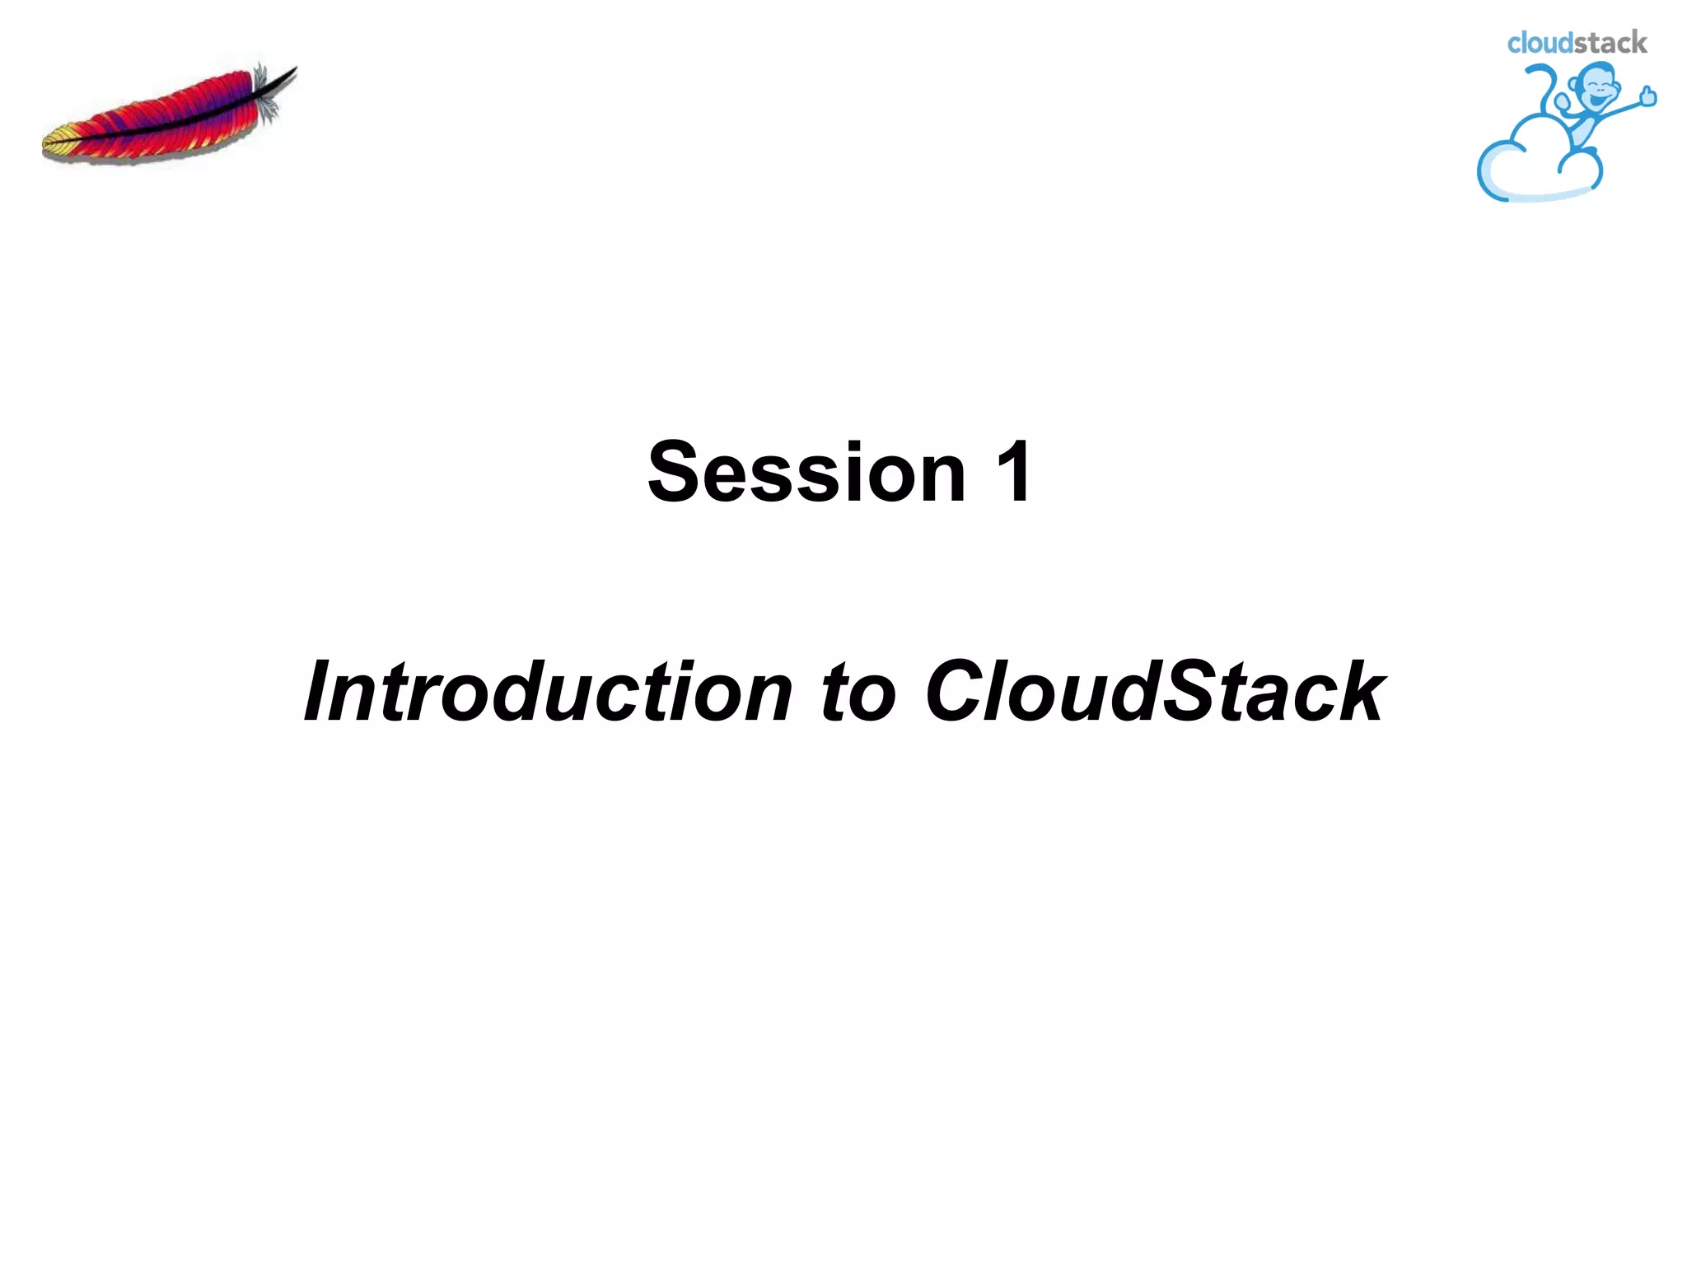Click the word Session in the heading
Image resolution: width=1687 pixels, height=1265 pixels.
(806, 472)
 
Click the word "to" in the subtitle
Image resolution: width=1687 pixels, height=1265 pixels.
(857, 692)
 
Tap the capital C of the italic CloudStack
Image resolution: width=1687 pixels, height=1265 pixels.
(956, 692)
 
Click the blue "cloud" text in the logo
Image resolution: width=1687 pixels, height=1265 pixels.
(1539, 43)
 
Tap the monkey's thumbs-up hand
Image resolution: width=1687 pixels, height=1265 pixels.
(1647, 97)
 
